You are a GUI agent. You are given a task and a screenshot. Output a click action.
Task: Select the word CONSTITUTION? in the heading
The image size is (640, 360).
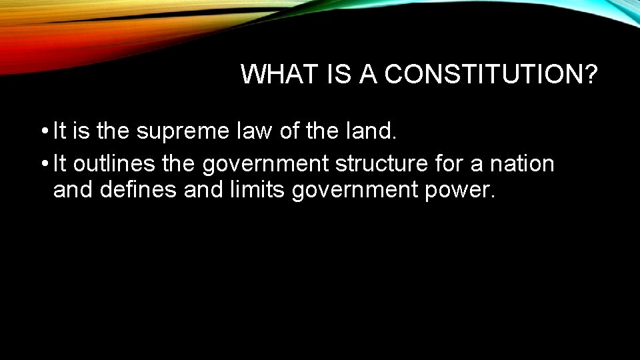click(491, 75)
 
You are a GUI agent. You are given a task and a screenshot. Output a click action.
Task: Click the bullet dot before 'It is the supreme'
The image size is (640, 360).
click(43, 132)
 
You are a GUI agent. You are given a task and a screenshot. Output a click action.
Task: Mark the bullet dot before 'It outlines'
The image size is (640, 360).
click(43, 163)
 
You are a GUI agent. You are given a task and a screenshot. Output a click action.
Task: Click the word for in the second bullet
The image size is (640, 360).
click(447, 163)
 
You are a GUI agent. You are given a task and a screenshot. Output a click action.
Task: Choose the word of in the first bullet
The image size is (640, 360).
click(289, 132)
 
